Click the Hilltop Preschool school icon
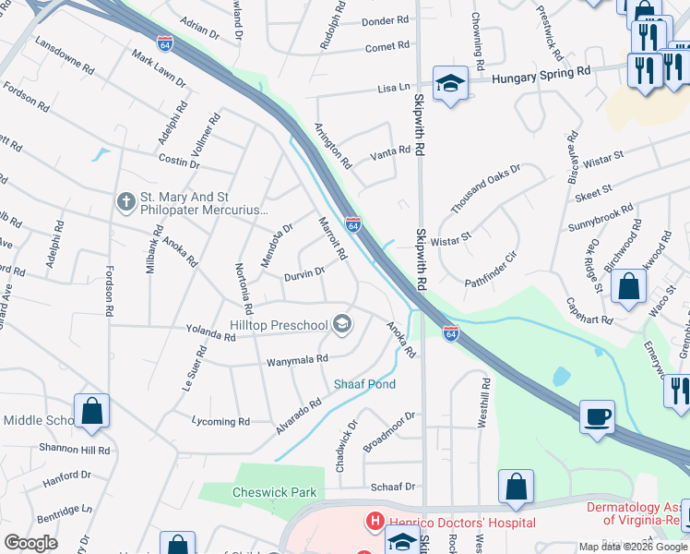[x=342, y=322]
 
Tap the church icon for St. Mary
[x=126, y=200]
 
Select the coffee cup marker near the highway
[x=597, y=417]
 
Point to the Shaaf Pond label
[x=364, y=384]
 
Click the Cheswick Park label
[x=275, y=493]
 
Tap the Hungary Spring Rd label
[x=541, y=72]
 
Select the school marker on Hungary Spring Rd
[x=450, y=84]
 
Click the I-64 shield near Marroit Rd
[x=353, y=223]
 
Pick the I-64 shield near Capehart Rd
[x=449, y=332]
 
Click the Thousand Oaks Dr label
[x=486, y=188]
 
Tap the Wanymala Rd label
[x=297, y=360]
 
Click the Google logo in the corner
[x=30, y=543]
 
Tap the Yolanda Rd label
[x=211, y=337]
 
